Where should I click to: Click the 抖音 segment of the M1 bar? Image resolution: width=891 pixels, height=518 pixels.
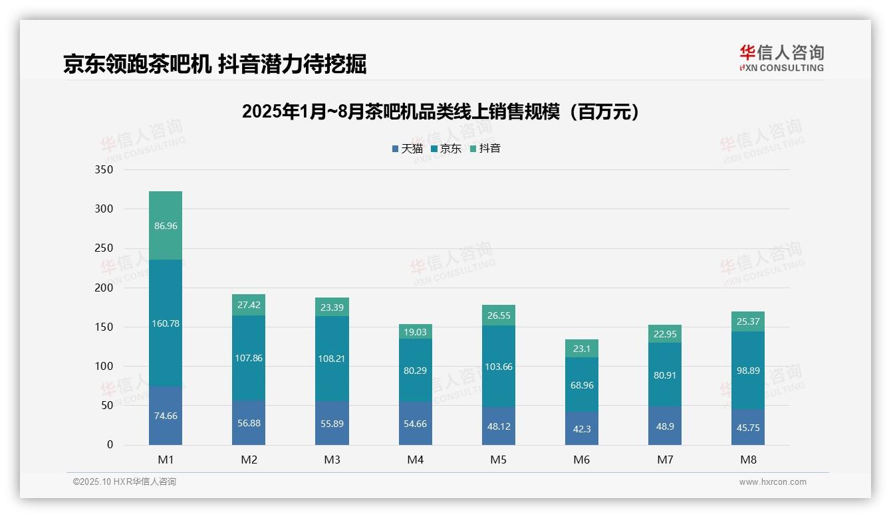coord(166,226)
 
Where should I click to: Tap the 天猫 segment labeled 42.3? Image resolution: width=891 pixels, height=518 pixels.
coord(582,429)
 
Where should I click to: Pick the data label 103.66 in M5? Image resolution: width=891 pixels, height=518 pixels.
coord(499,367)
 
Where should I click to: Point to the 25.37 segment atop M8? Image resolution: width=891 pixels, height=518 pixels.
coord(748,322)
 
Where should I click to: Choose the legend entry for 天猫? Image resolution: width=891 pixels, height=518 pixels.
coord(408,149)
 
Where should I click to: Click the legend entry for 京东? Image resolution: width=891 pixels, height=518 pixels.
coord(446,149)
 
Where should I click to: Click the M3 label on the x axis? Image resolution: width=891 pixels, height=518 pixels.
coord(332,460)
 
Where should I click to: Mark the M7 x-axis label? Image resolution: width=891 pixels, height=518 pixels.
coord(665,460)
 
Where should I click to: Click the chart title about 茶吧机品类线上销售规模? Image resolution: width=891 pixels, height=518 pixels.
coord(442,112)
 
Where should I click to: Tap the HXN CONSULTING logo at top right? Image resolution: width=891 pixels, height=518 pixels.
coord(781,58)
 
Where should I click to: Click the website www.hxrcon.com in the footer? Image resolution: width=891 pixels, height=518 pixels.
coord(773,482)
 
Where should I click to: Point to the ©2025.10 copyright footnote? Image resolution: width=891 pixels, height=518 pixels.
coord(124,482)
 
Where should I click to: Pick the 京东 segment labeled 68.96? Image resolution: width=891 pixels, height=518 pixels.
coord(582,385)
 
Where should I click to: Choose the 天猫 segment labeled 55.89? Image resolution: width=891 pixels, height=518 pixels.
coord(332,424)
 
